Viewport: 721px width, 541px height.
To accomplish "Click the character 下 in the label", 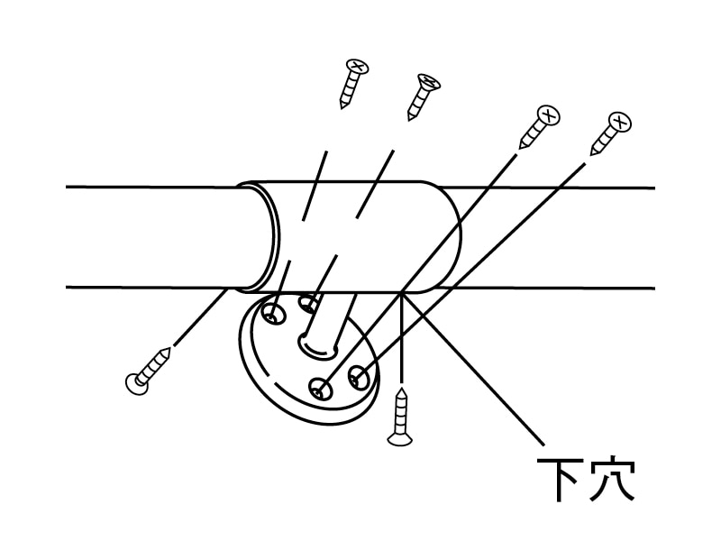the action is pos(557,480).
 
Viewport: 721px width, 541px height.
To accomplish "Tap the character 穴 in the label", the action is pos(613,479).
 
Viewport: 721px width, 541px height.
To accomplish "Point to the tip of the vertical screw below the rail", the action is pos(402,389).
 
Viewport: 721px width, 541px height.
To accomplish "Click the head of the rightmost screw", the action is pos(619,123).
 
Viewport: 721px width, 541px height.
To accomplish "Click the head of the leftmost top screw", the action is pos(357,66).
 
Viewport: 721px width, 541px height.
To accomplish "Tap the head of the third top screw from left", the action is pos(548,115).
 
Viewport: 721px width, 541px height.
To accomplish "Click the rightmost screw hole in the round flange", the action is pos(358,377).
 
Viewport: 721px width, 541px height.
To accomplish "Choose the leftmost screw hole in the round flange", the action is pos(273,315).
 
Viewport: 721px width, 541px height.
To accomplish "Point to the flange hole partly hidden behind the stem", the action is pos(307,304).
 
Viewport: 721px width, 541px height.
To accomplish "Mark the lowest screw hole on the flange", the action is pos(321,389).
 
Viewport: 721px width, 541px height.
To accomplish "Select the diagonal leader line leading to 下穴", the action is pos(473,369).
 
